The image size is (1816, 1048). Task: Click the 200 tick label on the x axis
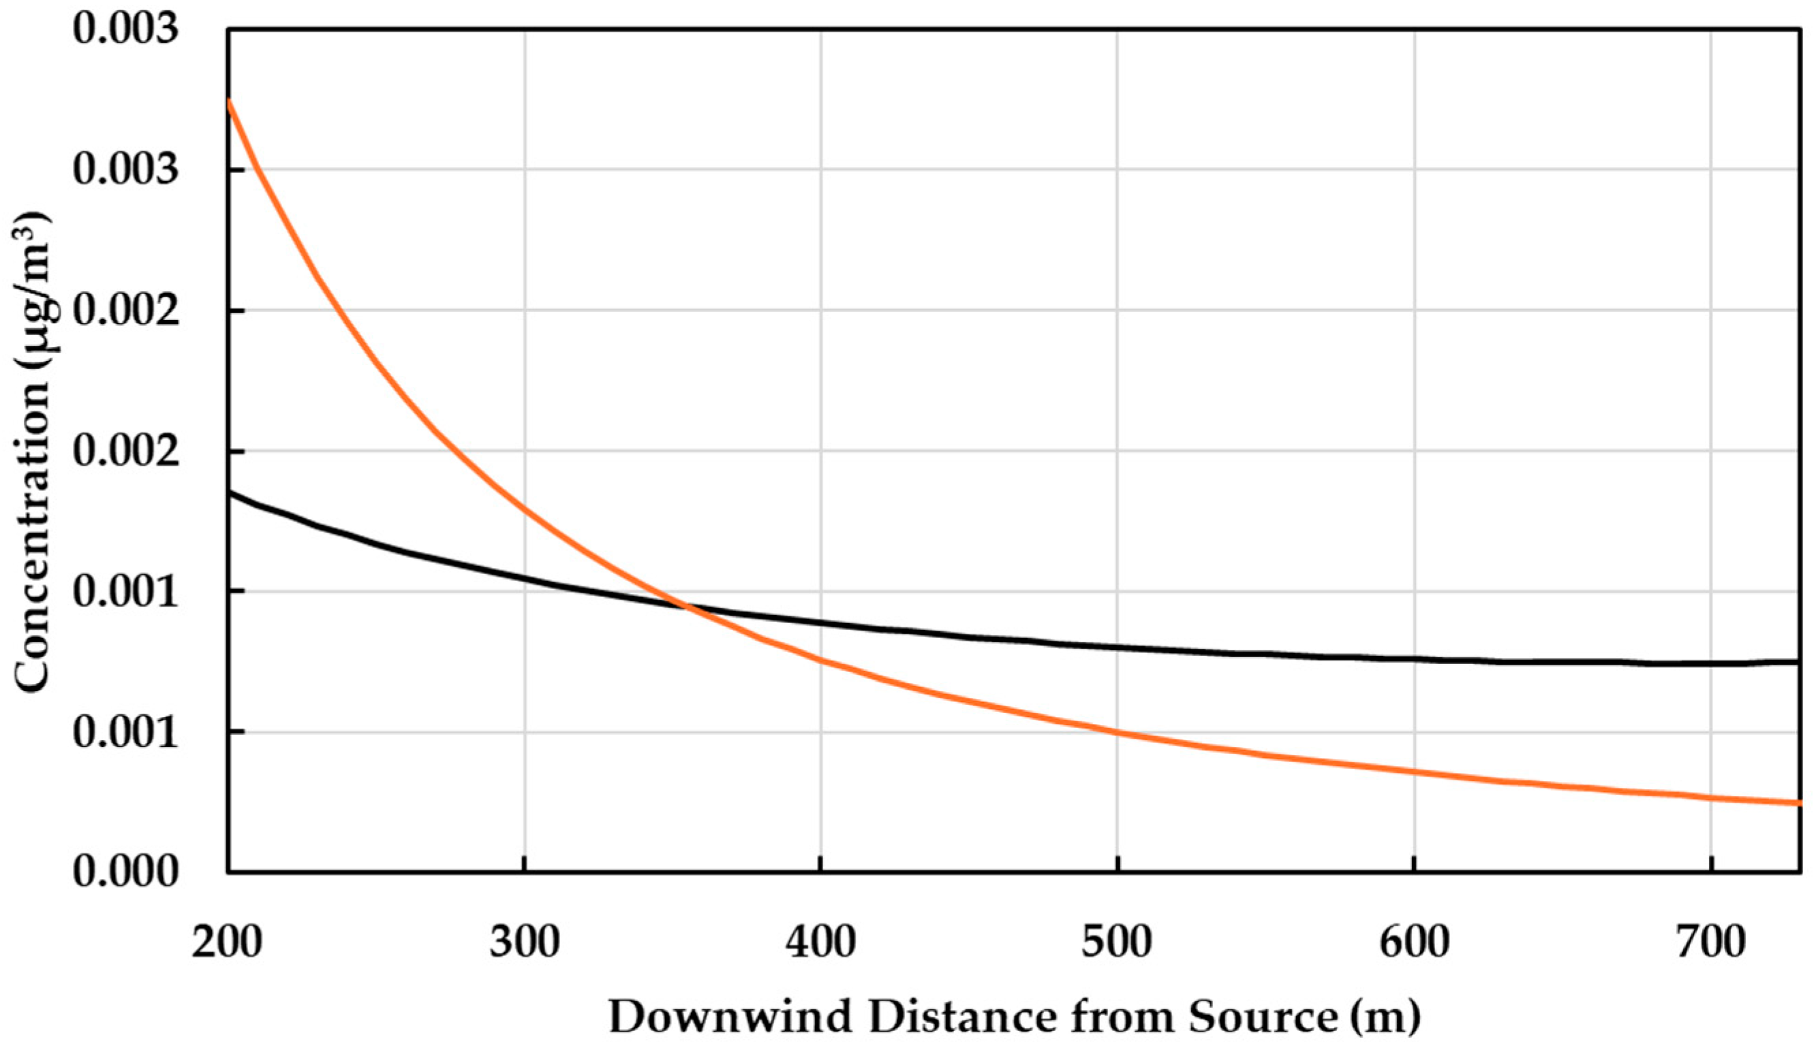(x=227, y=944)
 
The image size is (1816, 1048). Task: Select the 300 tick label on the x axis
(x=524, y=944)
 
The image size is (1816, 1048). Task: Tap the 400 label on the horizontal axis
(x=821, y=944)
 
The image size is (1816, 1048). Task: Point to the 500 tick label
(x=1117, y=944)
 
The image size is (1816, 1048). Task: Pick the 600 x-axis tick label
(x=1414, y=944)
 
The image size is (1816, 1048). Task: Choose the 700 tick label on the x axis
(x=1711, y=944)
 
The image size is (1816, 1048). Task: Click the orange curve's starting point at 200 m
(x=229, y=101)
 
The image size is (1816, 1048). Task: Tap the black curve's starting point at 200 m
(x=229, y=493)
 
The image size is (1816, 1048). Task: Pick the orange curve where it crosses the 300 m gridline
(x=524, y=510)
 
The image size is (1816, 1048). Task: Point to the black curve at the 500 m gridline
(x=1117, y=647)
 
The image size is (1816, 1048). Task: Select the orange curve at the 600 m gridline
(x=1414, y=772)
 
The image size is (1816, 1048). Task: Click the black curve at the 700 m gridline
(x=1711, y=663)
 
